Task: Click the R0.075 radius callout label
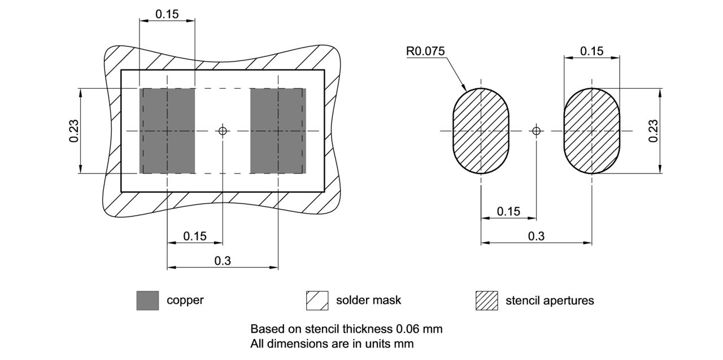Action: (x=425, y=51)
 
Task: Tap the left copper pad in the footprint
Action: (x=167, y=131)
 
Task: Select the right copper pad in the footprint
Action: (x=278, y=131)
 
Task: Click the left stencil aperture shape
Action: (x=480, y=131)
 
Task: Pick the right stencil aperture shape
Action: (x=591, y=131)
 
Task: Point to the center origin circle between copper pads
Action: (x=223, y=131)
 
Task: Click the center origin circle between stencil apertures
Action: (x=536, y=131)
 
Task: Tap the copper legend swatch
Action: (x=147, y=300)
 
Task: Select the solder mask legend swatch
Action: (x=317, y=300)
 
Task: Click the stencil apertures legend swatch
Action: (x=486, y=300)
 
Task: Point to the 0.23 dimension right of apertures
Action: (x=654, y=131)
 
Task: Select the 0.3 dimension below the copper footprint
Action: (x=223, y=261)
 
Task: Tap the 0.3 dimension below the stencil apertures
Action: (x=536, y=236)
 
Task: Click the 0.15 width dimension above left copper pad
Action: (x=167, y=14)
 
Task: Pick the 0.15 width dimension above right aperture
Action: (x=591, y=51)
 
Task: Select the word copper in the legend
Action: (x=185, y=300)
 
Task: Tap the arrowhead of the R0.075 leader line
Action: (x=464, y=89)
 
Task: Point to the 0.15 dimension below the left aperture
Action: (x=508, y=211)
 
